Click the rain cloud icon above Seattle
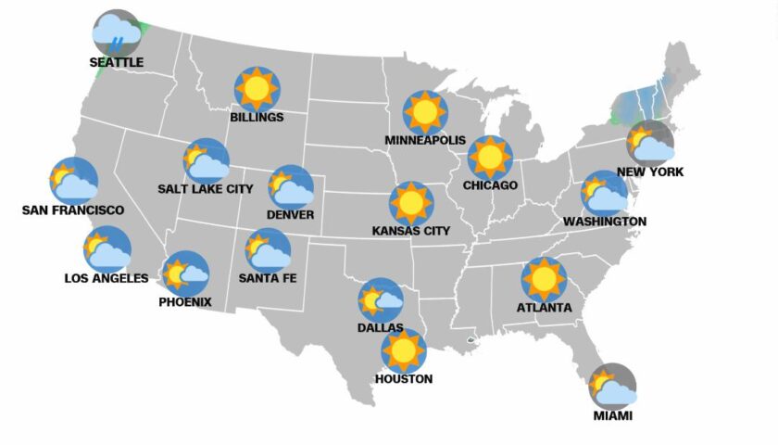[x=117, y=33]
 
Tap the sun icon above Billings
[x=257, y=89]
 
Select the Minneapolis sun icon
[x=425, y=112]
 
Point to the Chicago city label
[x=491, y=185]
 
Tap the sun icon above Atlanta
[x=544, y=279]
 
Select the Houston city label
[x=403, y=378]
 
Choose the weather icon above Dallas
[x=381, y=299]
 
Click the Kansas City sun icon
[x=410, y=203]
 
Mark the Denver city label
[x=290, y=215]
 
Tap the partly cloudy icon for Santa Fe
[x=268, y=250]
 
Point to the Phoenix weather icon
[x=185, y=273]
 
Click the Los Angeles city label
[x=106, y=278]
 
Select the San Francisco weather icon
[x=73, y=180]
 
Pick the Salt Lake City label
[x=206, y=189]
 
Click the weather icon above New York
[x=650, y=143]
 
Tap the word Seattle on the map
[x=117, y=62]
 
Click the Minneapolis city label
[x=425, y=140]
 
